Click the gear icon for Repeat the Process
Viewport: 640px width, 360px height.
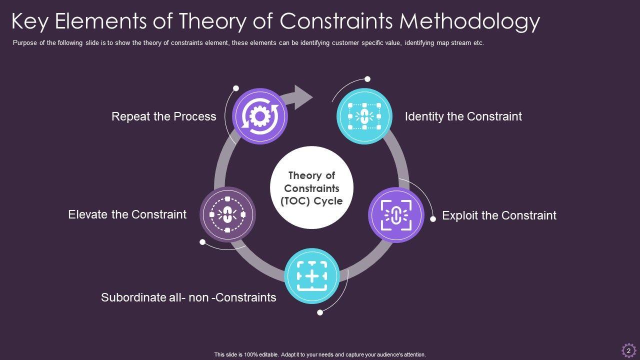coord(260,116)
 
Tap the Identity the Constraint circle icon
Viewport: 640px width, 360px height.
coord(364,116)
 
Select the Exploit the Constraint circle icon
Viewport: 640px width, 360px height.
coord(396,215)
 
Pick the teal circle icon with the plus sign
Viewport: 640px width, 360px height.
coord(312,276)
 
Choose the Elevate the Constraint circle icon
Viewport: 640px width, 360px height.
coord(227,214)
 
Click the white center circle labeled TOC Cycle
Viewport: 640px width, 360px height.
coord(312,188)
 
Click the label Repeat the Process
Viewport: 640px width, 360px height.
coord(164,116)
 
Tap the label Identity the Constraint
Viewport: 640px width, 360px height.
coord(463,116)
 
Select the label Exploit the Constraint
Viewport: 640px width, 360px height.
coord(499,215)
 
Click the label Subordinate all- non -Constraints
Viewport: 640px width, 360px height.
coord(188,297)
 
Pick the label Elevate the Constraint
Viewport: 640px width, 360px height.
coord(127,214)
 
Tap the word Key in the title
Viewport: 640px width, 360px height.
coord(31,21)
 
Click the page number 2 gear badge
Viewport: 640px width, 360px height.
coord(628,351)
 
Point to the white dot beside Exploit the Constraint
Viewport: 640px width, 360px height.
coord(433,218)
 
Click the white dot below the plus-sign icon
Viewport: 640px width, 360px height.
coord(320,313)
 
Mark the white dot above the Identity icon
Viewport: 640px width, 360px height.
coord(367,79)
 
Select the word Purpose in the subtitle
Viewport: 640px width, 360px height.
coord(25,43)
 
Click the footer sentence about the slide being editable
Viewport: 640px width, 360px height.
coord(320,354)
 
